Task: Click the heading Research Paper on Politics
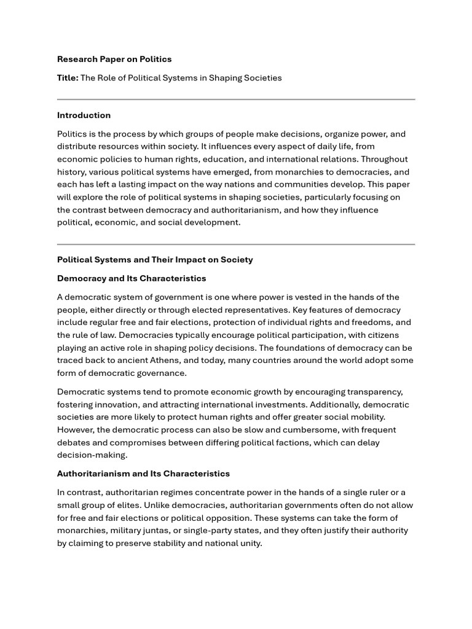coord(114,59)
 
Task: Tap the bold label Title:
coord(68,78)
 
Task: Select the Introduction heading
coord(84,115)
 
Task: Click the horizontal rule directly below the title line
coord(236,99)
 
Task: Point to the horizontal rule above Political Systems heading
coord(236,244)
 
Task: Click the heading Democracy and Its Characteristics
coord(132,278)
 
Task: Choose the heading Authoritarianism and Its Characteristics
coord(143,474)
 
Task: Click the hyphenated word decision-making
coord(92,455)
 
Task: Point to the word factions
coord(289,442)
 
